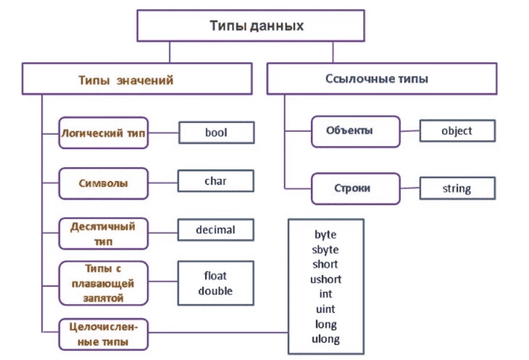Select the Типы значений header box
tap(125, 80)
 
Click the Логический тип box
tap(103, 134)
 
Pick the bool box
tap(216, 133)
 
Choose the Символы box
tap(103, 183)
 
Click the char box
tap(216, 180)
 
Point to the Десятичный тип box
tap(103, 232)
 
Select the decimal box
tap(216, 230)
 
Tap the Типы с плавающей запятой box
tap(103, 282)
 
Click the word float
tap(215, 275)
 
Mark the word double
tap(215, 290)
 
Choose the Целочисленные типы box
tap(103, 332)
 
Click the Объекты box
tap(354, 132)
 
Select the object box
tap(457, 130)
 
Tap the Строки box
tap(354, 188)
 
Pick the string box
tap(457, 188)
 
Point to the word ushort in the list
tap(325, 279)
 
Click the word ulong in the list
tap(325, 339)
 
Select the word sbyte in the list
tap(325, 249)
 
